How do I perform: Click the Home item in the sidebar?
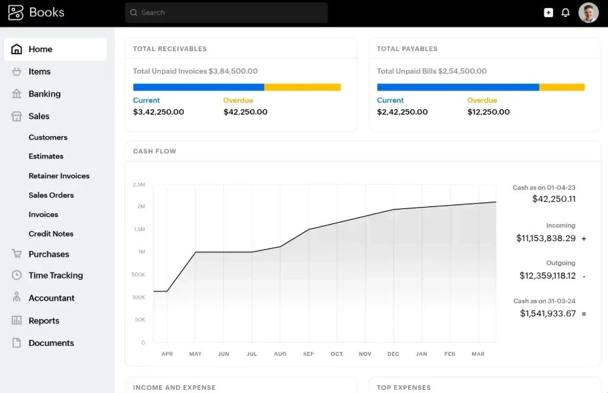pos(56,49)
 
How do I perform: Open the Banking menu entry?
pos(44,94)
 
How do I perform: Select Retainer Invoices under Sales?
pos(59,176)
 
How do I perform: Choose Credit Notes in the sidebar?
pos(51,234)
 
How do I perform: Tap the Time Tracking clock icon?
pos(16,275)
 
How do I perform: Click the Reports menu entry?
pos(44,320)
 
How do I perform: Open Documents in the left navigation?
pos(51,343)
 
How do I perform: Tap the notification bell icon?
pos(565,13)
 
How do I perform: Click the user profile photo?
pos(588,13)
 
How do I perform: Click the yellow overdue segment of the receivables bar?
pos(302,87)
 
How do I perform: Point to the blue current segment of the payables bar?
pos(458,87)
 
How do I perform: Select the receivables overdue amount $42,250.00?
pos(245,112)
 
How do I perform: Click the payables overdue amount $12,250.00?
pos(489,112)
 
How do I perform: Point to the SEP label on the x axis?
pos(309,354)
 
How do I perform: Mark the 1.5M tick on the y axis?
pos(139,229)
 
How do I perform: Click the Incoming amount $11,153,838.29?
pos(546,238)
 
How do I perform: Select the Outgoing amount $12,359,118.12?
pos(548,276)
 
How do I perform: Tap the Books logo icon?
pos(16,12)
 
